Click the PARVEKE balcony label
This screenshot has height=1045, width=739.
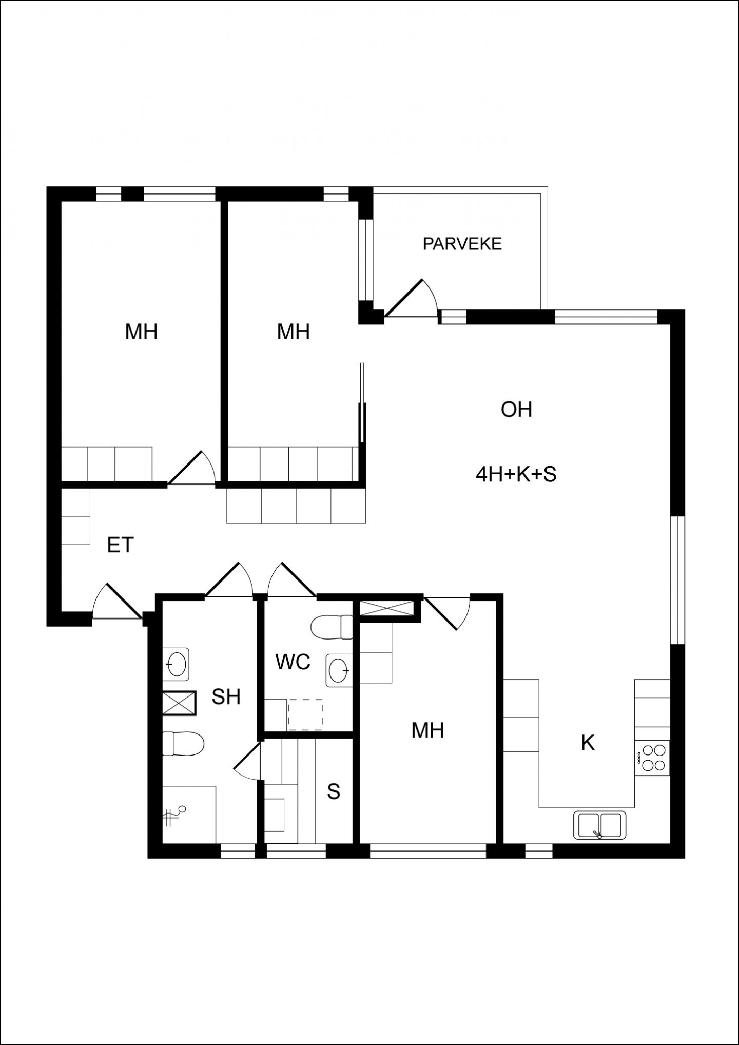(462, 244)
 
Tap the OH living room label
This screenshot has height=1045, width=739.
(516, 410)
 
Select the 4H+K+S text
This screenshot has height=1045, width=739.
(516, 475)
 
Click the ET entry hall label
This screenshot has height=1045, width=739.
(121, 545)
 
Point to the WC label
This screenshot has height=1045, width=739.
(293, 662)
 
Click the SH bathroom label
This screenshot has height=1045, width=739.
(226, 697)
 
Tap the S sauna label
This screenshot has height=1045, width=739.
(334, 791)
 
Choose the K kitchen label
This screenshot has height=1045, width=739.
(588, 743)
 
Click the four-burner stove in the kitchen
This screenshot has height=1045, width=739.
(652, 758)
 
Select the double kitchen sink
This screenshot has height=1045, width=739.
(599, 825)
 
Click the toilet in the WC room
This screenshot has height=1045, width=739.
(332, 627)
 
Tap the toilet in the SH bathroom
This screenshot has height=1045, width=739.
(183, 744)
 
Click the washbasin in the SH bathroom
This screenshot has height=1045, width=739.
(176, 664)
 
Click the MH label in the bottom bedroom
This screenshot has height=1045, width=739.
(427, 730)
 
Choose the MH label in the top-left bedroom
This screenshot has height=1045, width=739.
(141, 332)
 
